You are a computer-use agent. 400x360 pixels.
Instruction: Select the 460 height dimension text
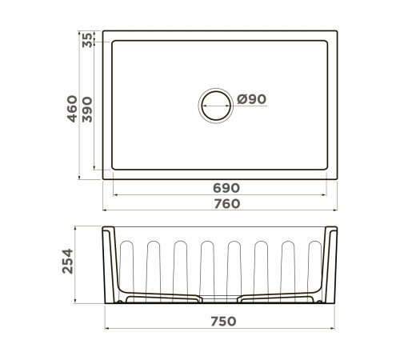click(72, 108)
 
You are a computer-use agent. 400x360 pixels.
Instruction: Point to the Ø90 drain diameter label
click(251, 99)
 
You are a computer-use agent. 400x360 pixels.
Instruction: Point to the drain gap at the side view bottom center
click(221, 301)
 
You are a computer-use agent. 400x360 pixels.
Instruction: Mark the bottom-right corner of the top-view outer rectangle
click(338, 178)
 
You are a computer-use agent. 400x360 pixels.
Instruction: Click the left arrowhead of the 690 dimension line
click(114, 194)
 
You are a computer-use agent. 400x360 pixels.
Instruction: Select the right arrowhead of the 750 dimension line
click(334, 329)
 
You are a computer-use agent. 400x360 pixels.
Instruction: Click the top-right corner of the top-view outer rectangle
click(338, 32)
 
